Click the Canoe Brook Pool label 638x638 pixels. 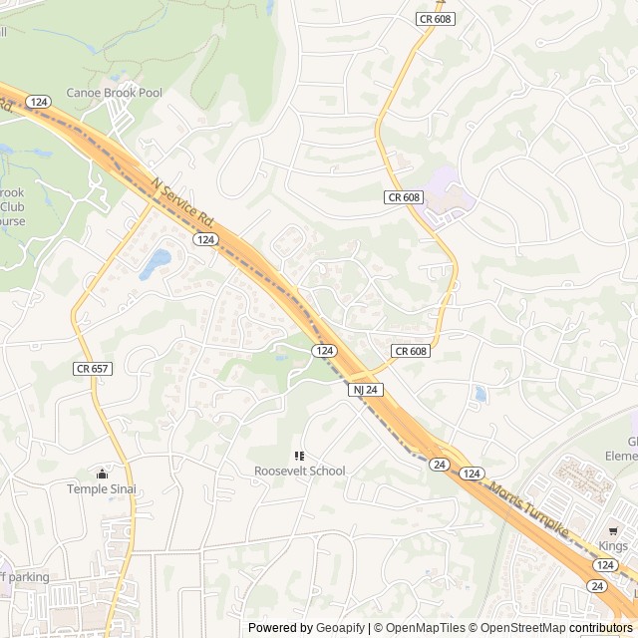pos(114,93)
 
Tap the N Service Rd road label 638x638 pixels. pos(185,200)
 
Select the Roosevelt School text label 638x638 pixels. pos(299,471)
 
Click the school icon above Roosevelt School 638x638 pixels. pos(299,456)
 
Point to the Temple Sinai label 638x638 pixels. pos(102,488)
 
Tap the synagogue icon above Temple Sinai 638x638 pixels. pos(101,474)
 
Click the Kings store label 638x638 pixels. pos(614,546)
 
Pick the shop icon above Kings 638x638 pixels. pos(614,531)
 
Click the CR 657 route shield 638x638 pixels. pos(92,369)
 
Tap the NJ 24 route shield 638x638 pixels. pos(365,390)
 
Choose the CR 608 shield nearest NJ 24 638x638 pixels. pos(410,351)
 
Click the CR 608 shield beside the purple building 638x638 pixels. pos(404,198)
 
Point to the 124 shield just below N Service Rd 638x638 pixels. pos(205,240)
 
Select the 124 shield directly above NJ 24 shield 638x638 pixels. pos(324,351)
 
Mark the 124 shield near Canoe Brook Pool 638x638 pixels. pos(39,103)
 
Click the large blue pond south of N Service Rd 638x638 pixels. pos(155,262)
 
